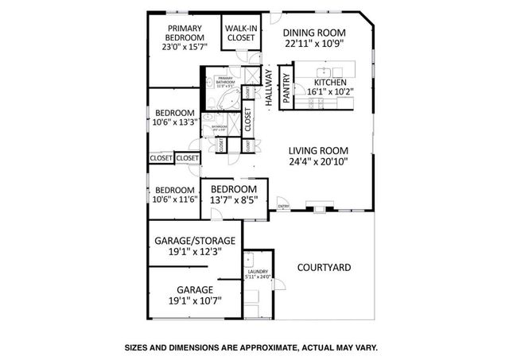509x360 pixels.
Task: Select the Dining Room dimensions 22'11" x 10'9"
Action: pos(316,44)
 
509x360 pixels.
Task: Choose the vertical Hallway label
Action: pos(269,87)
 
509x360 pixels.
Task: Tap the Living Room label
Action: pos(318,149)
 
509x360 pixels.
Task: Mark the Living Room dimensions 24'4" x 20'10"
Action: pos(318,161)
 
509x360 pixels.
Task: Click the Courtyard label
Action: pos(324,268)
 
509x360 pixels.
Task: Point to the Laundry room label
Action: pos(258,273)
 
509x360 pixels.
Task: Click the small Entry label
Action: pos(283,207)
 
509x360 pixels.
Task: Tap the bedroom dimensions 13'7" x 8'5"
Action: pos(234,200)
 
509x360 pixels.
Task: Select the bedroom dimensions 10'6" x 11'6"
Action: pos(175,200)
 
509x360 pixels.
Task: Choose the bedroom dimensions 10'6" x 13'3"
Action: pos(175,122)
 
